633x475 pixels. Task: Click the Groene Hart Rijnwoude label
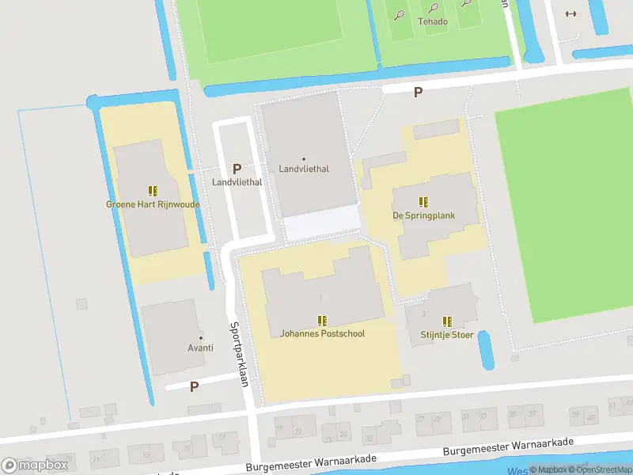point(153,204)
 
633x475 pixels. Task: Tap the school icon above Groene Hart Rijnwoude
point(153,191)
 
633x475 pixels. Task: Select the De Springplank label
point(423,215)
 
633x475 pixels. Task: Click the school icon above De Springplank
point(423,202)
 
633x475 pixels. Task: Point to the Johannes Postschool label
point(322,333)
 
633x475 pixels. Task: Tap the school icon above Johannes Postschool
point(322,321)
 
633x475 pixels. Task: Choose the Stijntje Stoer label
point(447,335)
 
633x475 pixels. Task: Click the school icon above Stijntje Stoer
point(447,321)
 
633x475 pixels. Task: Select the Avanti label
point(201,348)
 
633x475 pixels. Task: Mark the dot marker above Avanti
point(201,337)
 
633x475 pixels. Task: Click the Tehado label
point(433,21)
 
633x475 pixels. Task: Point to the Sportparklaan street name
point(239,354)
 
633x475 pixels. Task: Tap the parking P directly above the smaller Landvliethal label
point(237,169)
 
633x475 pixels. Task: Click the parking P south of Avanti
point(194,386)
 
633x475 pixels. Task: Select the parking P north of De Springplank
point(418,93)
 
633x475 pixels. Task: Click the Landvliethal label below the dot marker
point(304,169)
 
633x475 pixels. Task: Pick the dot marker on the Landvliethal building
point(304,158)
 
